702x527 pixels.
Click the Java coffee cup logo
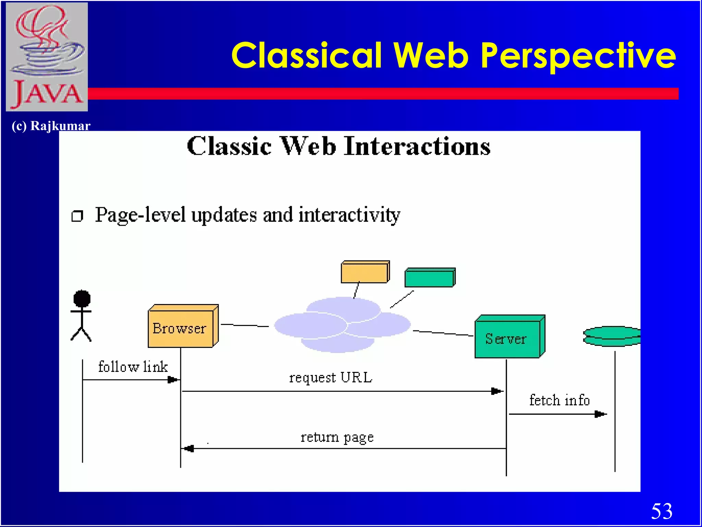pyautogui.click(x=47, y=57)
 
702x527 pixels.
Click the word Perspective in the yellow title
pyautogui.click(x=578, y=56)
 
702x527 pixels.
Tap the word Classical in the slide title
pyautogui.click(x=307, y=56)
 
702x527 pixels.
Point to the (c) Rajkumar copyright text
pyautogui.click(x=51, y=126)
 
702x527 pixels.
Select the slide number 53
pyautogui.click(x=662, y=511)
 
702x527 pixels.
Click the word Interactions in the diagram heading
pyautogui.click(x=417, y=147)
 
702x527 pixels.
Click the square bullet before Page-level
pyautogui.click(x=77, y=216)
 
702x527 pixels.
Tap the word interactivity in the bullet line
pyautogui.click(x=349, y=215)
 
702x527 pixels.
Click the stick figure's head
pyautogui.click(x=82, y=298)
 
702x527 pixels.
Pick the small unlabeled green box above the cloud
pyautogui.click(x=429, y=278)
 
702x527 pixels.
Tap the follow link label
pyautogui.click(x=133, y=367)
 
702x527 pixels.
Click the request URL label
pyautogui.click(x=330, y=378)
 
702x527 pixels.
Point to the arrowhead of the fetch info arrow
pyautogui.click(x=601, y=414)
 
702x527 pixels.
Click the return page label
pyautogui.click(x=337, y=437)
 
